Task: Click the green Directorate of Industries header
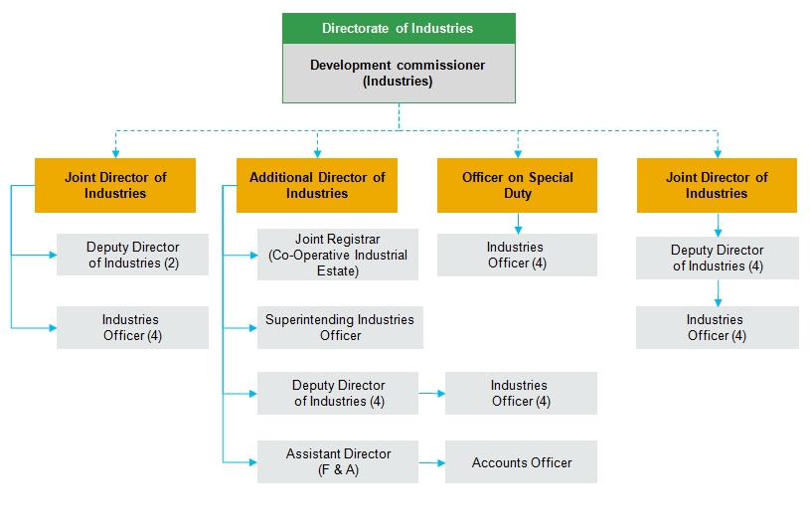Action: tap(399, 29)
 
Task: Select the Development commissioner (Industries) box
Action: tap(399, 74)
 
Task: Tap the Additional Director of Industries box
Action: tap(317, 185)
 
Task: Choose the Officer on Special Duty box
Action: tap(517, 185)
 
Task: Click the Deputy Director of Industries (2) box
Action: tap(132, 255)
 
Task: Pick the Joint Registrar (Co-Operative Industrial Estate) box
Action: tap(338, 255)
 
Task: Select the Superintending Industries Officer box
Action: tap(340, 327)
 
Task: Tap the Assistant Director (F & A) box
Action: tap(338, 461)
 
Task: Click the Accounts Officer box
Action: tap(521, 462)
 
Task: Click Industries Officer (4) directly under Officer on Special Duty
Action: tap(517, 255)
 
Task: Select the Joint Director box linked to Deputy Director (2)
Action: tap(115, 185)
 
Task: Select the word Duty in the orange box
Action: tap(518, 194)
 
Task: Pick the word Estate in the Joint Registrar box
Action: tap(337, 269)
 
